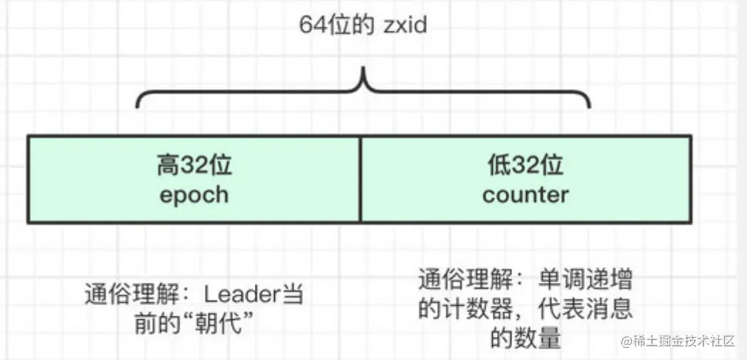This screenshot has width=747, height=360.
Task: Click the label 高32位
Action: [x=194, y=166]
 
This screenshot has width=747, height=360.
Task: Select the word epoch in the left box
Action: [x=194, y=194]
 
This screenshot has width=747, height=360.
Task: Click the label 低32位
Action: [x=526, y=166]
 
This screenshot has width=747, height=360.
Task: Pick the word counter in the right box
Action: [x=526, y=194]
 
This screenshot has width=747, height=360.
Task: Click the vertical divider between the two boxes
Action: [x=360, y=179]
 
